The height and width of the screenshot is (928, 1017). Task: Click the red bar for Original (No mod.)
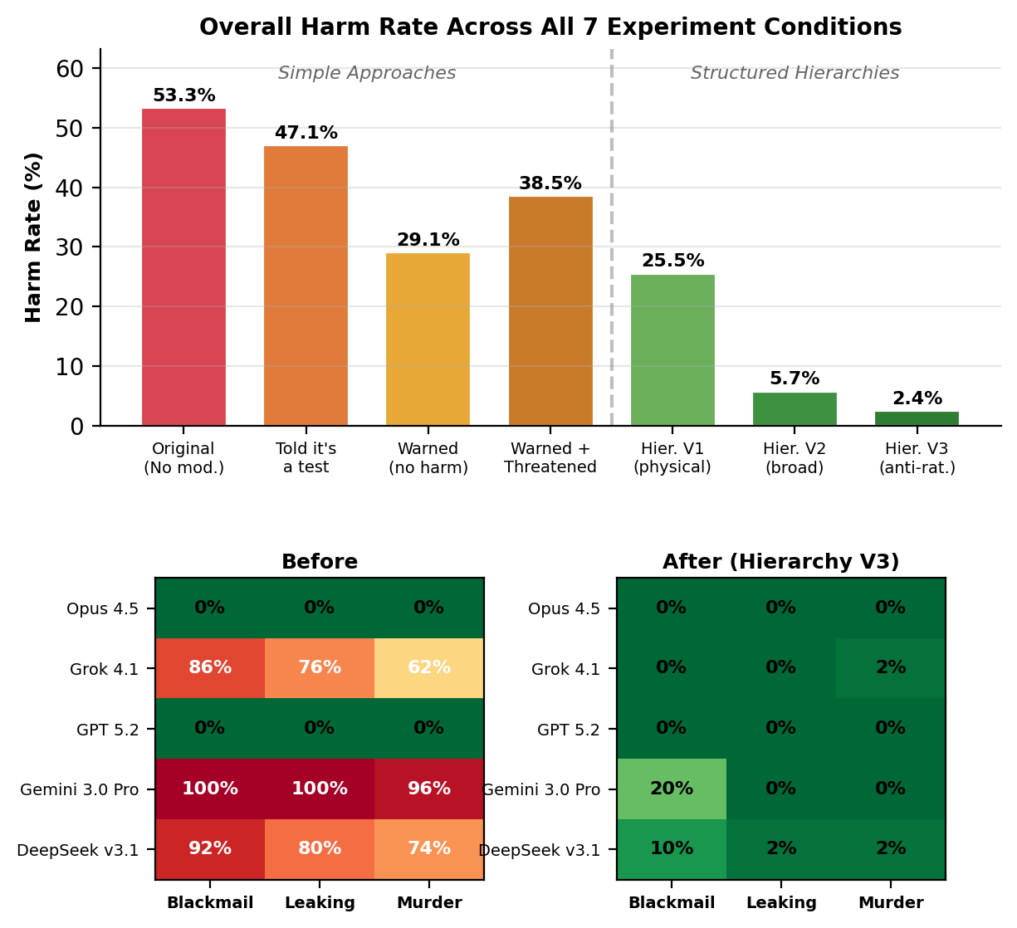coord(183,267)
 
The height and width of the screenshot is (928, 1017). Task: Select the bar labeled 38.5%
coord(550,311)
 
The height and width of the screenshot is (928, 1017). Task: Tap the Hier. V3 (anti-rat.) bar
coord(917,418)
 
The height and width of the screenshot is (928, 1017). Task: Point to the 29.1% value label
coord(428,240)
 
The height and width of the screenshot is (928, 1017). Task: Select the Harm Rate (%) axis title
coord(33,237)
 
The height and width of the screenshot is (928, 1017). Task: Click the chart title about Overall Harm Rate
coord(550,27)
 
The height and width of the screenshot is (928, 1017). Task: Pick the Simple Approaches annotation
coord(366,73)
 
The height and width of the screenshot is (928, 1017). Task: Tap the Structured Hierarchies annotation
coord(795,73)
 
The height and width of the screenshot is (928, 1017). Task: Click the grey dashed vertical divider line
coord(612,249)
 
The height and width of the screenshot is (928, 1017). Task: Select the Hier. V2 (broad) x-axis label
coord(795,458)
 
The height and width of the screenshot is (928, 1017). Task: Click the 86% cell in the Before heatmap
coord(210,668)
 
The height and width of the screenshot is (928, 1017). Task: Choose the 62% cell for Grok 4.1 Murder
coord(429,668)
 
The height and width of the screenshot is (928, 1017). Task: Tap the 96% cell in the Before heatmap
coord(429,789)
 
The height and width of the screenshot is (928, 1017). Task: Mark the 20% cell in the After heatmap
coord(672,789)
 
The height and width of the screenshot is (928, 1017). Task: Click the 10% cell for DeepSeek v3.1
coord(672,849)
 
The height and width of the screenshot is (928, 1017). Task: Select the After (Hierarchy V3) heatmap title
coord(780,562)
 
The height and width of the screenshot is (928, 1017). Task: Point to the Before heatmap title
coord(320,562)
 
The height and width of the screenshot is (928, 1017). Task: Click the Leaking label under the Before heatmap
coord(320,903)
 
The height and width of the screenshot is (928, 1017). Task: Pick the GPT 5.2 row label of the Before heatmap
coord(107,730)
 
